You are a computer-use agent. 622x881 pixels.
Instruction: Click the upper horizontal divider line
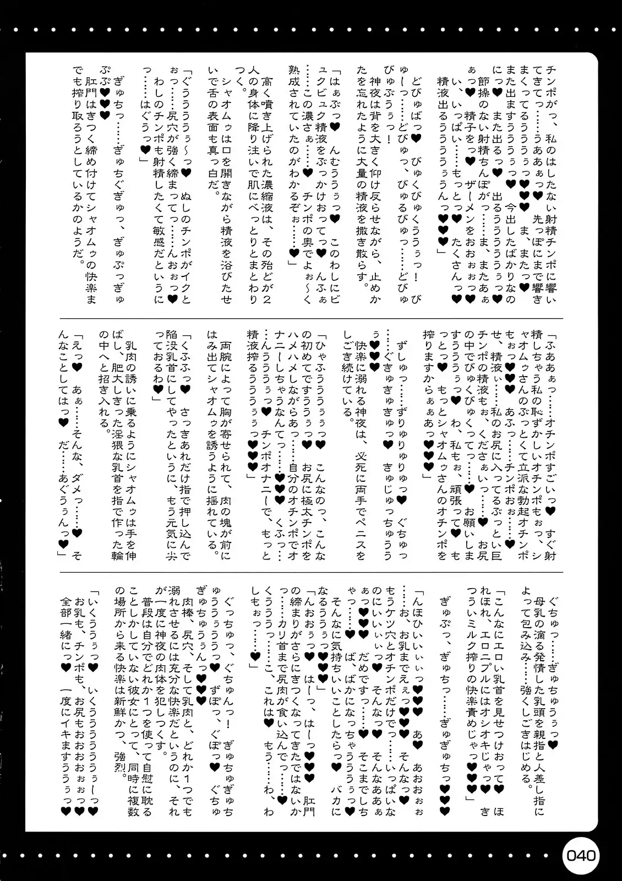311,318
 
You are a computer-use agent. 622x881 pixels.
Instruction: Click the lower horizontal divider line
311,571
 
